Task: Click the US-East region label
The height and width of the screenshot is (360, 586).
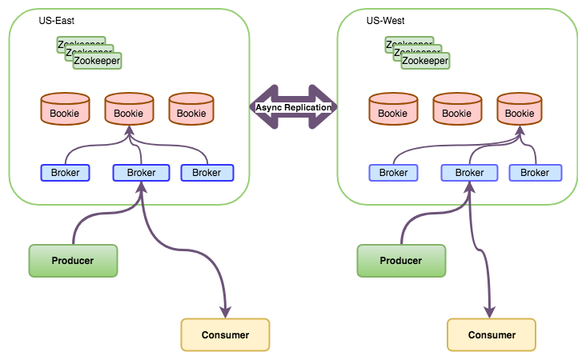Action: pos(56,19)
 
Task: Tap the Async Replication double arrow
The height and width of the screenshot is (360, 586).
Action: pos(293,107)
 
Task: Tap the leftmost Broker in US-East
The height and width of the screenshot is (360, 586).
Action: pos(66,172)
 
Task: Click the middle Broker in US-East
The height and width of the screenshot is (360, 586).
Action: pos(141,172)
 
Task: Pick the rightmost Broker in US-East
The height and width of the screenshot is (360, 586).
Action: pos(207,172)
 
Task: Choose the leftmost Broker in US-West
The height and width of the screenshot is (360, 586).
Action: pos(394,172)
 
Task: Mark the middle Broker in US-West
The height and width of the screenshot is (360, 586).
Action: pos(469,172)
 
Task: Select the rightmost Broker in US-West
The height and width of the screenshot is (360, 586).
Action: pos(535,172)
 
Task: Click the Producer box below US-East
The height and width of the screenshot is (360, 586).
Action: pos(73,261)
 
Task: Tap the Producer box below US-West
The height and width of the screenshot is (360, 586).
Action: pos(401,261)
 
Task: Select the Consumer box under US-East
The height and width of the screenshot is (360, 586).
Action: pos(225,334)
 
